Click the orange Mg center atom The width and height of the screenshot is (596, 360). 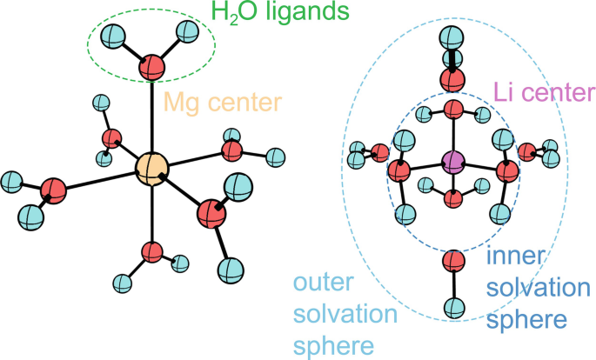pyautogui.click(x=151, y=168)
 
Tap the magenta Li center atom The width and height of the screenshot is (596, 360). pyautogui.click(x=452, y=160)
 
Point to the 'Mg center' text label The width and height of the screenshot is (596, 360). pyautogui.click(x=224, y=103)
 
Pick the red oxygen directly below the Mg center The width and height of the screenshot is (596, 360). pyautogui.click(x=152, y=253)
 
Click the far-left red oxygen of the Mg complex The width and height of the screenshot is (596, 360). pyautogui.click(x=53, y=190)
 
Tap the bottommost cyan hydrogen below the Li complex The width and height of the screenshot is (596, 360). pyautogui.click(x=452, y=306)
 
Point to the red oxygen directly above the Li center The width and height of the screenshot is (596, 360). pyautogui.click(x=452, y=110)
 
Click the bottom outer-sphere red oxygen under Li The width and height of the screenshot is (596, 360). pyautogui.click(x=452, y=259)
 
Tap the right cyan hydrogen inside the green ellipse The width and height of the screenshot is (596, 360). pyautogui.click(x=188, y=33)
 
